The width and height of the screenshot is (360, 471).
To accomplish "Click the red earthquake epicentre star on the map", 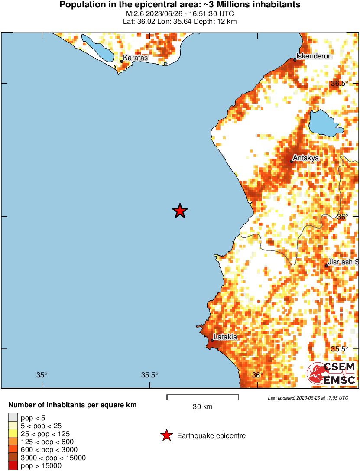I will (180, 211).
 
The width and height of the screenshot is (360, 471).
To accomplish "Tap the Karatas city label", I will (136, 58).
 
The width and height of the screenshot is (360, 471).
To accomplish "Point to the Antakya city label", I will (306, 158).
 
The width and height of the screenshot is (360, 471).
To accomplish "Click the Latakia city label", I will (225, 337).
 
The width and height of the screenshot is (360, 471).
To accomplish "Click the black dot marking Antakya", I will (292, 162).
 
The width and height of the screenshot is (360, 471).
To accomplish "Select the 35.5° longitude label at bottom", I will (150, 375).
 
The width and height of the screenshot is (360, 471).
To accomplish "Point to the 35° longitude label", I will (42, 375).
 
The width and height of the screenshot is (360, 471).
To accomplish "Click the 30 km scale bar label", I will (202, 406).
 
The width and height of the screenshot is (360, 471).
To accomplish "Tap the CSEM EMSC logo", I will (331, 374).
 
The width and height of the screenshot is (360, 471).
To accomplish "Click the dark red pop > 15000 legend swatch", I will (13, 466).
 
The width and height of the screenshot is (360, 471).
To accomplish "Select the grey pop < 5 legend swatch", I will (13, 418).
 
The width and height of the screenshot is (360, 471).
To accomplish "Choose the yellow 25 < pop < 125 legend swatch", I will (13, 434).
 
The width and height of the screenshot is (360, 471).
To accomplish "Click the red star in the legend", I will (166, 436).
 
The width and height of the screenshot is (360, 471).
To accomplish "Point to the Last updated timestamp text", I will (308, 398).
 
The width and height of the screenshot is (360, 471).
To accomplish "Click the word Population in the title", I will (79, 5).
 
